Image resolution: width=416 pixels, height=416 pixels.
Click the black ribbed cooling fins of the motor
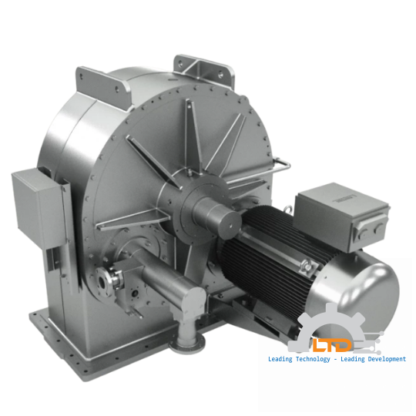coord(270,254)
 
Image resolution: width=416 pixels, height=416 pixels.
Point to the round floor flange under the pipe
coord(186,340)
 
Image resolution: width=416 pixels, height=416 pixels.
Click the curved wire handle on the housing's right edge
coord(280,166)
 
